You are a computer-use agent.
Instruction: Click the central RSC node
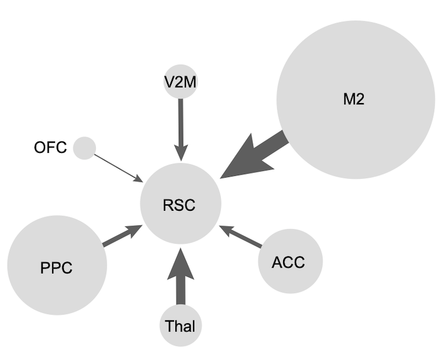[x=181, y=205]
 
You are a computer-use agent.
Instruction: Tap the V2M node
[x=180, y=81]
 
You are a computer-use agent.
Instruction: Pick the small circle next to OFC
[x=85, y=147]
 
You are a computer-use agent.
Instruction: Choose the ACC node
[x=290, y=261]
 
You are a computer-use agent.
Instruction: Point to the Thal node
[x=180, y=326]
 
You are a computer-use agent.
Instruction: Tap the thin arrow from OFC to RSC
[x=117, y=168]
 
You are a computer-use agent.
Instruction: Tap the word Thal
[x=180, y=326]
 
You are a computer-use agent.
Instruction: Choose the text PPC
[x=56, y=268]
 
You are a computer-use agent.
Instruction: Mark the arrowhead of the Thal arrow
[x=180, y=263]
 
